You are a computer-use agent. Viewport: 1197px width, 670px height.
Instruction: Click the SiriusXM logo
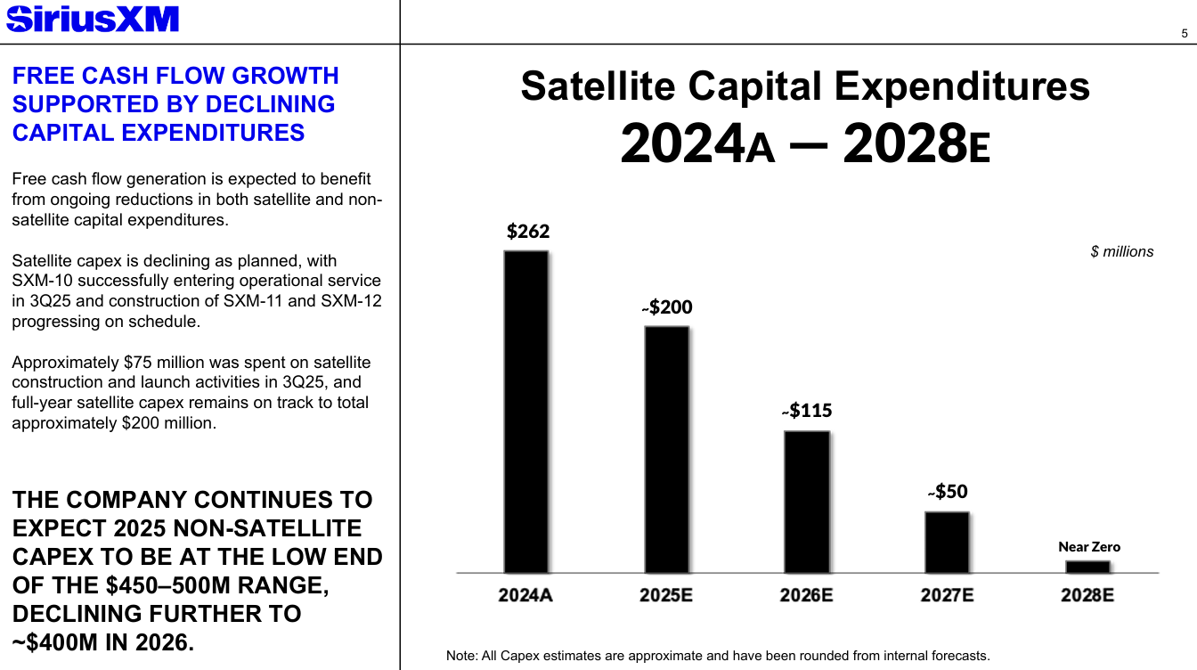coord(92,19)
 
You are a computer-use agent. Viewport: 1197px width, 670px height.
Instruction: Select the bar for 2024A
coord(525,412)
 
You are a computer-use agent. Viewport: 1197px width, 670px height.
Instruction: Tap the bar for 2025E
coord(666,449)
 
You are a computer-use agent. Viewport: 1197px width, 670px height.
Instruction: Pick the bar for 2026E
coord(806,502)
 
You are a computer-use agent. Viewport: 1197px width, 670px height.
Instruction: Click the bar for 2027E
coord(947,542)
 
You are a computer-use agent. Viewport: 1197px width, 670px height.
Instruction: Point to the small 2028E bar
coord(1087,567)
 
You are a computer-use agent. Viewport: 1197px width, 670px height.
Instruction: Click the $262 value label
coord(528,232)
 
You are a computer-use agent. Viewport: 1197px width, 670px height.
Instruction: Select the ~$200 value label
coord(667,307)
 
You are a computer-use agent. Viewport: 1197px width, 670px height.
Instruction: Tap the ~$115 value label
coord(807,411)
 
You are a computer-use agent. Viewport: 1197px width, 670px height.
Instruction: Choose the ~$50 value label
coord(948,492)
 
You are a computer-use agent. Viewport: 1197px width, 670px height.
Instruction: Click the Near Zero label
coord(1089,547)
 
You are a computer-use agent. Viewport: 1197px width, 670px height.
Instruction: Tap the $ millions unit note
coord(1121,252)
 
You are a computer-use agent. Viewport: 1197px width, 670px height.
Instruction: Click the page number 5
coord(1184,34)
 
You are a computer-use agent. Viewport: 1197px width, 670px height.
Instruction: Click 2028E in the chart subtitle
coord(916,145)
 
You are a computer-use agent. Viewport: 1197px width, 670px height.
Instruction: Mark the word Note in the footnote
coord(460,656)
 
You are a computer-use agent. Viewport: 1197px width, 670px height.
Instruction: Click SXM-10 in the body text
coord(41,281)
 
